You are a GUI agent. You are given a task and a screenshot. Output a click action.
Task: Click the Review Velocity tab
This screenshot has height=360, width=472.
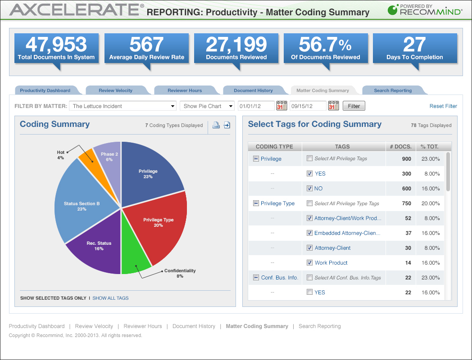pos(116,90)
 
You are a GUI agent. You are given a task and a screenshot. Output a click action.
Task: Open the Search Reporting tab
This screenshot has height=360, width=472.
pos(393,90)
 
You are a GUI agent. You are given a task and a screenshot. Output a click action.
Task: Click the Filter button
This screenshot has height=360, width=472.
pos(354,106)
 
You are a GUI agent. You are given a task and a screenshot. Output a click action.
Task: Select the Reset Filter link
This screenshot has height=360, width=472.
pos(443,106)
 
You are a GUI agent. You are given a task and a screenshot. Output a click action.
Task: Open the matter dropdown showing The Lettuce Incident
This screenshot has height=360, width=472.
pos(123,106)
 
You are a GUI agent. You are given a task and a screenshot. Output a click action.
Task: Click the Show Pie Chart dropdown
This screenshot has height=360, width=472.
pos(207,106)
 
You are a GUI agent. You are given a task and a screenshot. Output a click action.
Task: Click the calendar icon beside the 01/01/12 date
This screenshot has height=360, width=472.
pos(282,106)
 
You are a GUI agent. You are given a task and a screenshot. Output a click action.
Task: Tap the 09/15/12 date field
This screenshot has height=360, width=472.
pos(308,106)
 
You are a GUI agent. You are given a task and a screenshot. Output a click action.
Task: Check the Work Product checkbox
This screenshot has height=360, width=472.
pos(309,262)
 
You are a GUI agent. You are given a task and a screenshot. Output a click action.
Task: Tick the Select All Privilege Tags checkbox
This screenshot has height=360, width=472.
pos(309,158)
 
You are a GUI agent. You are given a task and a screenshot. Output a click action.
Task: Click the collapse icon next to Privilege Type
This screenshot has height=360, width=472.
pos(256,203)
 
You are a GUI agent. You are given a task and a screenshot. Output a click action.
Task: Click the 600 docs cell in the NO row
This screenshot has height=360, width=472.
pos(406,189)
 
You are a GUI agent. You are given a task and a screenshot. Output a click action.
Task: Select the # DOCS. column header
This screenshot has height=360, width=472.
pos(401,146)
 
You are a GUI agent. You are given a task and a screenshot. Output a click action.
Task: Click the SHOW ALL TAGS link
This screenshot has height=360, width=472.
pos(110,298)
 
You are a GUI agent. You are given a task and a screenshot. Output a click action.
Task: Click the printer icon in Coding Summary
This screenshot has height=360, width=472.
pos(216,125)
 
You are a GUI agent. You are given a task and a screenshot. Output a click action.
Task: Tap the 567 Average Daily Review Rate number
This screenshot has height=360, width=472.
pos(146,45)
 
